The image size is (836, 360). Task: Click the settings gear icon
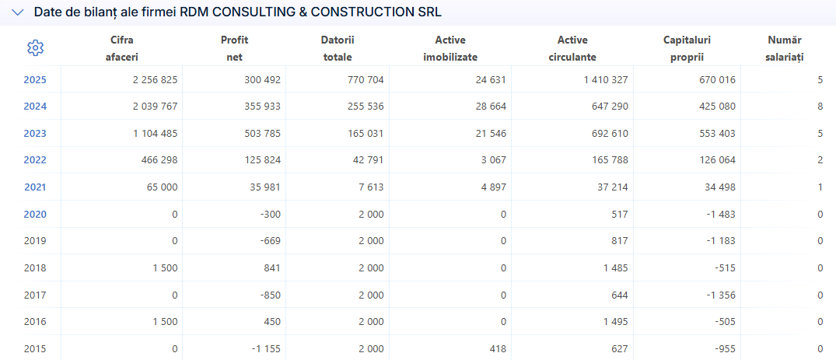tap(35, 48)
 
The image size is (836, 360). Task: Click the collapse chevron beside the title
tap(18, 12)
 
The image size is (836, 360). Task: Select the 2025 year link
tap(35, 80)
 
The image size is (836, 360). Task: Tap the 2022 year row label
tap(35, 160)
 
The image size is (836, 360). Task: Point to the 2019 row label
tap(35, 240)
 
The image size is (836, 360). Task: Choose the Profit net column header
tap(234, 48)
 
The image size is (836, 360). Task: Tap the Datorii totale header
tap(338, 48)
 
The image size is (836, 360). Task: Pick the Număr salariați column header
tap(785, 48)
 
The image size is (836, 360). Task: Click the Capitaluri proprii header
tap(687, 48)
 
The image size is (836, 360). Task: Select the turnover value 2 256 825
tap(156, 80)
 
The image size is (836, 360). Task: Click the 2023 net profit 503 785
tap(260, 133)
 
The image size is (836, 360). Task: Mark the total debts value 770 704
tap(364, 80)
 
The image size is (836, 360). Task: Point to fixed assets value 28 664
tap(489, 107)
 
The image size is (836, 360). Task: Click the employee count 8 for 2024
tap(820, 107)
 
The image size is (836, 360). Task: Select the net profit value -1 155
tap(265, 349)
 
